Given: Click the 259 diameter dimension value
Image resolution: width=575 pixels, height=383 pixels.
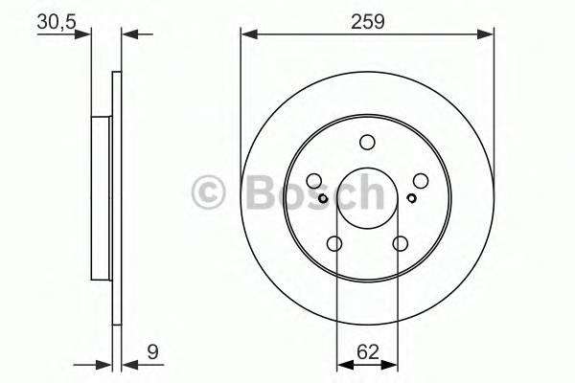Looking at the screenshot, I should click(x=367, y=21).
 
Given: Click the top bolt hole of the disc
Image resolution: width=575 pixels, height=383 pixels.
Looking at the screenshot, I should click(x=366, y=143).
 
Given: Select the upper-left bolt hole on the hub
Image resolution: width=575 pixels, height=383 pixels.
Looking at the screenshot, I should click(x=313, y=180).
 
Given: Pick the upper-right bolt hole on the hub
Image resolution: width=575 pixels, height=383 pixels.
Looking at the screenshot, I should click(x=420, y=180).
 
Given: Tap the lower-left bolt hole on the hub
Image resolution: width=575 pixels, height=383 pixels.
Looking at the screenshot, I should click(x=334, y=244).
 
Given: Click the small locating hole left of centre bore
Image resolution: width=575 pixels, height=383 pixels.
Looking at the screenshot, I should click(x=323, y=198).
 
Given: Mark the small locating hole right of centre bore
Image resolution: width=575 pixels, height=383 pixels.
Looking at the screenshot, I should click(x=410, y=198).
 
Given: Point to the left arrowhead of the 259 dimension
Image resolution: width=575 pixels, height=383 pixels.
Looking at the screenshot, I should click(x=246, y=34).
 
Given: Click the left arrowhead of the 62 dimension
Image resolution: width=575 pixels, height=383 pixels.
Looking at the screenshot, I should click(x=341, y=363).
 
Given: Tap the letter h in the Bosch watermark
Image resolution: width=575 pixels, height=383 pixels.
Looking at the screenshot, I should click(x=365, y=191).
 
